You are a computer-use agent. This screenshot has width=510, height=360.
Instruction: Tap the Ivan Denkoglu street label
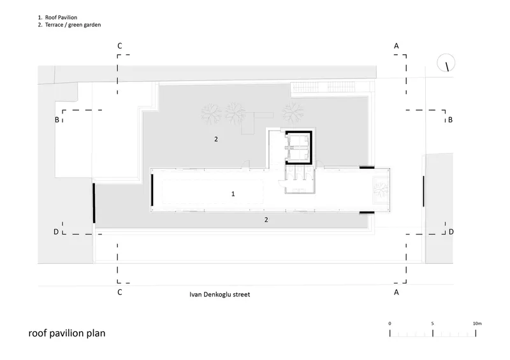(219, 294)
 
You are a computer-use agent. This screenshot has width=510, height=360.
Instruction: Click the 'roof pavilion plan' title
(67, 333)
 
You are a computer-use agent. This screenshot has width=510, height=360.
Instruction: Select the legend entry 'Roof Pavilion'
(61, 18)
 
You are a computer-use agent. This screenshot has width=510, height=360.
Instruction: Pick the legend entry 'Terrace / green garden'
(73, 25)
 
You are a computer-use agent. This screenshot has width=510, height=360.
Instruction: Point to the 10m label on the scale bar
(477, 324)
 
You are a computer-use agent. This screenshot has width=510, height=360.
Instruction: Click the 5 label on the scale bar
(433, 324)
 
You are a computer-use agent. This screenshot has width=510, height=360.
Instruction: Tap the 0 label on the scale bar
(390, 324)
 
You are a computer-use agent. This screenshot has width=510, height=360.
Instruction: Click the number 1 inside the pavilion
(233, 194)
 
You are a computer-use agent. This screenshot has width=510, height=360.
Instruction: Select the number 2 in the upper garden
(216, 139)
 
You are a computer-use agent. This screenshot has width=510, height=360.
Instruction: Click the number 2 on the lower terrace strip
(266, 220)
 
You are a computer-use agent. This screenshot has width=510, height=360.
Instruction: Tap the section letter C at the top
(120, 46)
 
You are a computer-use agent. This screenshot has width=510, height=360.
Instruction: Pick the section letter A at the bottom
(396, 292)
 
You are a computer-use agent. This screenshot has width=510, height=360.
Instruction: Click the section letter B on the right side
(450, 120)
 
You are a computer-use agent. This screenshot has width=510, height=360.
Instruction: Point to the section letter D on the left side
(56, 232)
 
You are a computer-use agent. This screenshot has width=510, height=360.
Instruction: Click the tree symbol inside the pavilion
(381, 190)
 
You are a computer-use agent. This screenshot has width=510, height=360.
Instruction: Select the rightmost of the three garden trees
(293, 113)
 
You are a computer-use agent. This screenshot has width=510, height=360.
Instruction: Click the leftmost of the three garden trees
(211, 114)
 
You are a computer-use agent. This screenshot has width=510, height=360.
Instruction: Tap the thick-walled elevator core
(298, 148)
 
